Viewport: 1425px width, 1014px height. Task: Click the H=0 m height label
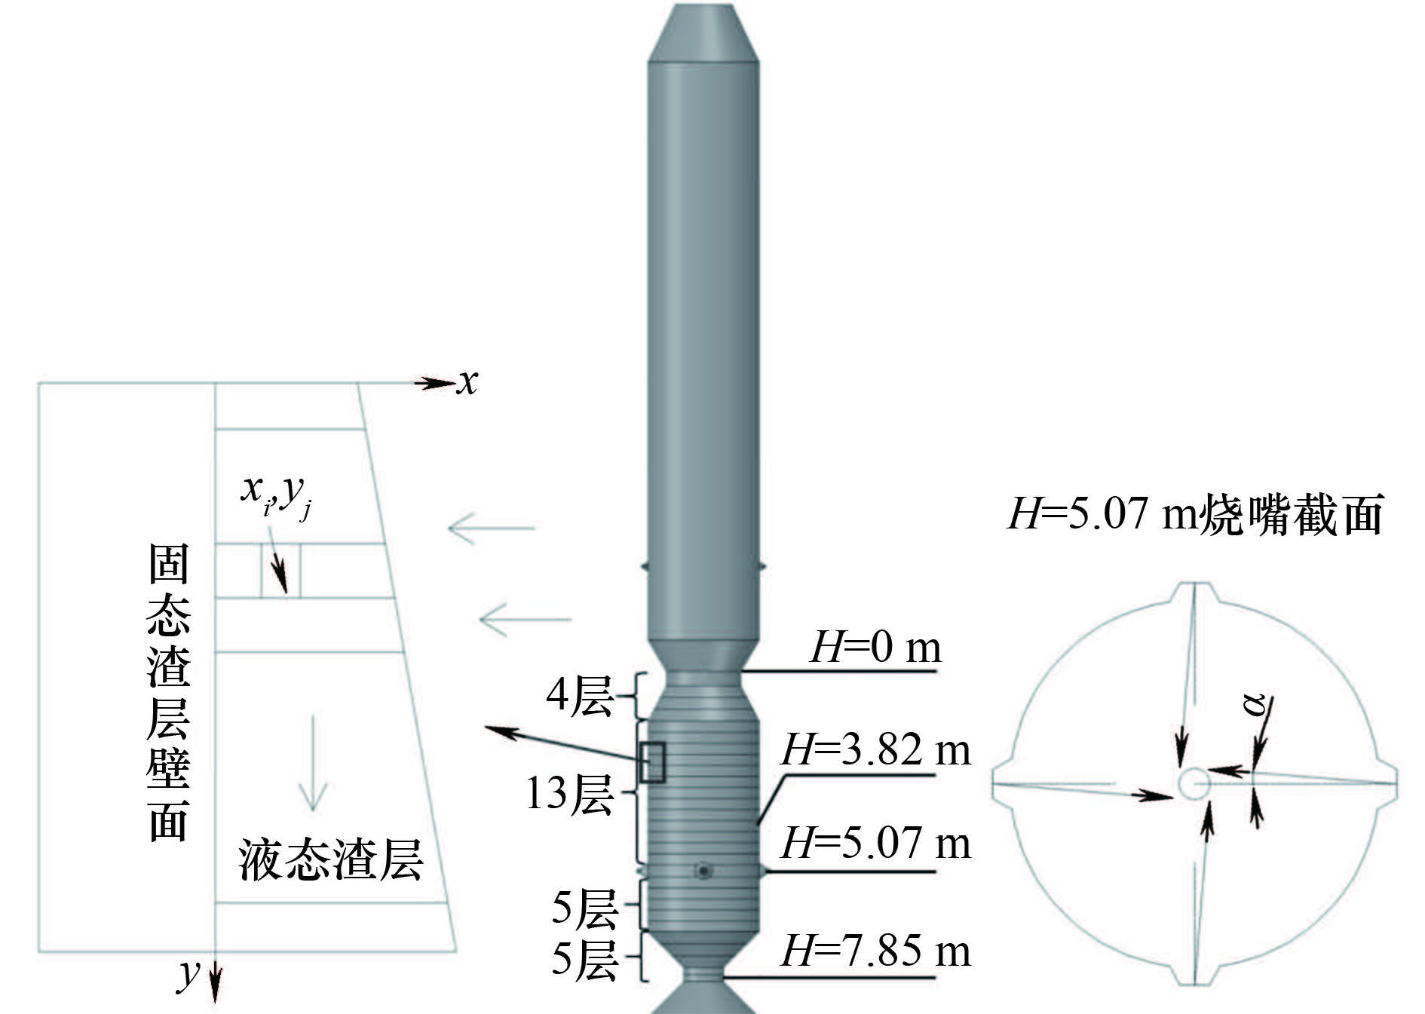click(875, 647)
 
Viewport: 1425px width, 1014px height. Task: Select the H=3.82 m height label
click(876, 750)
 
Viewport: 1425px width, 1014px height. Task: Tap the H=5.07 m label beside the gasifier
click(876, 843)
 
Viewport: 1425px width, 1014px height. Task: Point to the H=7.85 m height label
click(876, 951)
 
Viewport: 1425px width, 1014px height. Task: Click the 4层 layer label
click(579, 695)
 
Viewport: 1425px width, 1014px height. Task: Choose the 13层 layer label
click(569, 794)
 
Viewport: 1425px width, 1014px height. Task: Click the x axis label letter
click(467, 382)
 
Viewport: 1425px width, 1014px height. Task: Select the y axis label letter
click(189, 975)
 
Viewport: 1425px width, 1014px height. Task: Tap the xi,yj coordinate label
click(276, 495)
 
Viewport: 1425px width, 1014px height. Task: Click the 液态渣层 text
click(330, 859)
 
